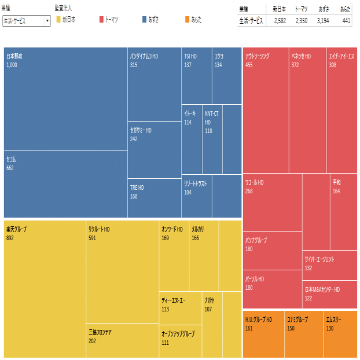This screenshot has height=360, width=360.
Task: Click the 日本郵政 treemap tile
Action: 65,98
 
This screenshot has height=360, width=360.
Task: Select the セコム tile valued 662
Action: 65,183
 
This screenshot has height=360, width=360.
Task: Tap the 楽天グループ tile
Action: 45,288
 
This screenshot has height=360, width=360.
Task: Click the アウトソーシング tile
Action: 265,109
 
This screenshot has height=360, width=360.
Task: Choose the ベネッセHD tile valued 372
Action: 307,109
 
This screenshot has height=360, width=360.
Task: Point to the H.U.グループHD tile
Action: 263,334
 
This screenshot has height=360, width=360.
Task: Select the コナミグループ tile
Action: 304,334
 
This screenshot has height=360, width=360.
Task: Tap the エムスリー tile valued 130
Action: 340,334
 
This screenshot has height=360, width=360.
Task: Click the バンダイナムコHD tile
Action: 154,84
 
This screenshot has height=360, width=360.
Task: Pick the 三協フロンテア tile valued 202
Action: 122,340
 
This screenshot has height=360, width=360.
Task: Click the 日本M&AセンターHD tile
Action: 330,295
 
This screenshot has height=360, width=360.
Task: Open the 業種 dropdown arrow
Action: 47,20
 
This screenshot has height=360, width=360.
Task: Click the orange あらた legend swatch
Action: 186,20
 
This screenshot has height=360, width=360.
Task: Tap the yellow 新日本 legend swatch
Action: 58,20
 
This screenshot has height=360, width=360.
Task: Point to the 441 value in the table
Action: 346,20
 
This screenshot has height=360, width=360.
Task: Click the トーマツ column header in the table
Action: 301,9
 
